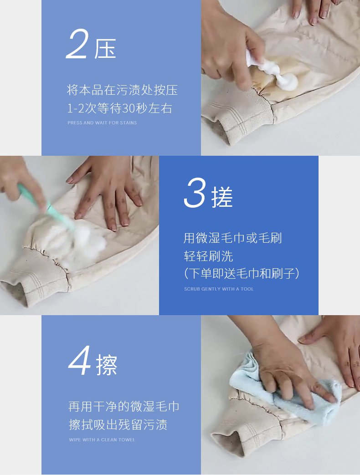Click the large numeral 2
(77, 44)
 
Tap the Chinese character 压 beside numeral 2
(105, 48)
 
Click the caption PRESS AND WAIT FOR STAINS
(102, 123)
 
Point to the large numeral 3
(195, 193)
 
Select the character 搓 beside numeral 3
(222, 197)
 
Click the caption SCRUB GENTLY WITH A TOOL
(219, 289)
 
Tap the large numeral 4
(80, 360)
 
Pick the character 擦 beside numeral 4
(107, 365)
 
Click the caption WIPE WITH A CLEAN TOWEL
(102, 439)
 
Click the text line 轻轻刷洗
(208, 256)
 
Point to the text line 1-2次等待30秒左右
(120, 108)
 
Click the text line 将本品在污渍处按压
(122, 90)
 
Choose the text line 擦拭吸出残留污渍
(118, 425)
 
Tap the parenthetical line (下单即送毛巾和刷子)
(242, 273)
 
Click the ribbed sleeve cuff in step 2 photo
(239, 113)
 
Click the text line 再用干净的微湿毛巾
(123, 407)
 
